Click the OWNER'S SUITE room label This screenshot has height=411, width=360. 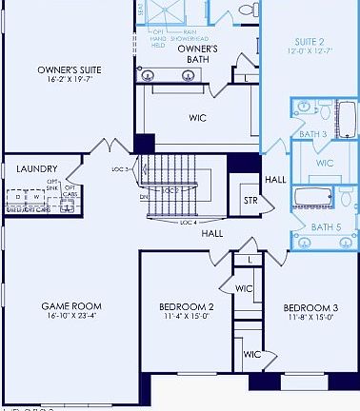click(x=70, y=69)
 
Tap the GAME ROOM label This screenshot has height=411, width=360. click(x=71, y=306)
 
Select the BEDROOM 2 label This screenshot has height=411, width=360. click(x=185, y=307)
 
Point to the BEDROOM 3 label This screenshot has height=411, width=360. click(x=310, y=307)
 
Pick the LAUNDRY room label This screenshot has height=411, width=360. click(x=36, y=168)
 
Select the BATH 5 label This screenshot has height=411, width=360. click(x=326, y=226)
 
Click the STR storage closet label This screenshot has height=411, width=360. click(x=250, y=201)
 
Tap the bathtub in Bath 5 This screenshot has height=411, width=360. click(x=311, y=198)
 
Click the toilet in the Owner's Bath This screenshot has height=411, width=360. click(x=250, y=10)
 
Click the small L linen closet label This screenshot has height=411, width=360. click(x=250, y=259)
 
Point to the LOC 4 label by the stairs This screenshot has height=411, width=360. click(x=189, y=223)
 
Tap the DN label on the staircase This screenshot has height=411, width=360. click(x=144, y=197)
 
